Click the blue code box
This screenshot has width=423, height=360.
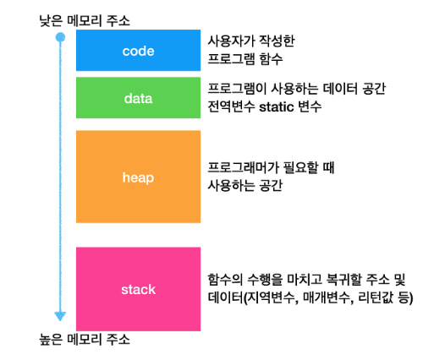pos(138,50)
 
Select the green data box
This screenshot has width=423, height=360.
pos(138,98)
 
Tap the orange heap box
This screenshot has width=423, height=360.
pos(138,177)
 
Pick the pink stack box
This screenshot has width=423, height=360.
pos(138,289)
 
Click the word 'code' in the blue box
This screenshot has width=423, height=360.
pos(138,51)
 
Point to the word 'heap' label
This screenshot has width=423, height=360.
pos(138,178)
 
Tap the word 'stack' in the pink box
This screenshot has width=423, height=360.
pos(138,290)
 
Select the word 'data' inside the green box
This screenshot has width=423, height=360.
pos(138,98)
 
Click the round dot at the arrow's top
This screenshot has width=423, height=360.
pos(60,37)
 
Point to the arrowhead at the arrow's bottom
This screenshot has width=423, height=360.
pos(60,316)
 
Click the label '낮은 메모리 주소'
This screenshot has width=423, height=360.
pos(85,21)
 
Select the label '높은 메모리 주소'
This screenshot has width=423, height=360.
pos(85,340)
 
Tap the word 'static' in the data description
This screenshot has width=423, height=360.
pos(277,107)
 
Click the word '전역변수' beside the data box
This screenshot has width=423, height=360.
pos(231,106)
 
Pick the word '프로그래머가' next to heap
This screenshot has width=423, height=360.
pos(243,167)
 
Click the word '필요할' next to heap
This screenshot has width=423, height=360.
pos(300,167)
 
